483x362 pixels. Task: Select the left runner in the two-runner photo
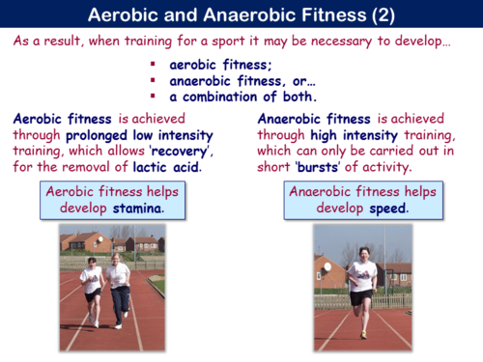point(93,290)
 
